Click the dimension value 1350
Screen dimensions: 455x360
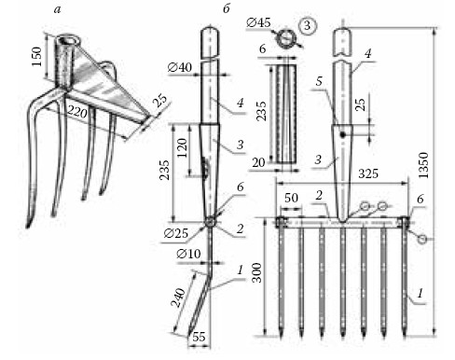point(423,165)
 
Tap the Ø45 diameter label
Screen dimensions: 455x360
point(258,22)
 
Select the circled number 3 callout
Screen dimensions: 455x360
point(307,25)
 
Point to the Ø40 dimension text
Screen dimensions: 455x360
point(180,67)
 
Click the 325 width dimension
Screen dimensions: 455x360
point(368,173)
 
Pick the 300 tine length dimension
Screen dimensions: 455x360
point(256,272)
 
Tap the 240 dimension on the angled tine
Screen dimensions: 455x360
point(178,298)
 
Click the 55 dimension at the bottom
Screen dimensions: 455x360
point(199,337)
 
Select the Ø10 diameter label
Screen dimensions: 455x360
point(188,254)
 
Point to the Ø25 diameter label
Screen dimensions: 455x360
point(176,233)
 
